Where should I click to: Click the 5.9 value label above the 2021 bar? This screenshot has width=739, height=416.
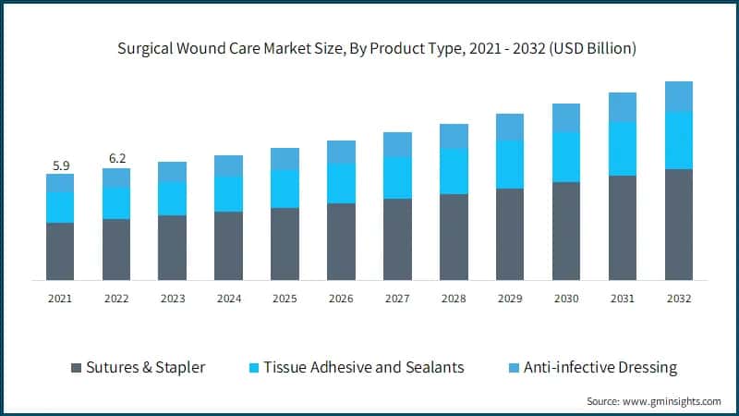tap(60, 166)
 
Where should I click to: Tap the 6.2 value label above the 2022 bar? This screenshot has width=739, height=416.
tap(116, 159)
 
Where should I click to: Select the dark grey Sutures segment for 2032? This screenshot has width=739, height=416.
tap(679, 224)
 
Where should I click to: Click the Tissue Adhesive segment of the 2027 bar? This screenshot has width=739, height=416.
tap(397, 177)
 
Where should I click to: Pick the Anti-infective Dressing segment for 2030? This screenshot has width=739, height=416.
tap(566, 117)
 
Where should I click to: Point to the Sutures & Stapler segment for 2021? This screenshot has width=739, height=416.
tap(60, 251)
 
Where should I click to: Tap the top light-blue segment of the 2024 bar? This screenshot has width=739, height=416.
tap(229, 165)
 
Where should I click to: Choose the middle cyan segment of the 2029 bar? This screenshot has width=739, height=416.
tap(510, 165)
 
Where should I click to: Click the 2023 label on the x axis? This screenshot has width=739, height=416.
tap(173, 299)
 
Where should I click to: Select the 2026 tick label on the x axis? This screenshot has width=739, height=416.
tap(341, 299)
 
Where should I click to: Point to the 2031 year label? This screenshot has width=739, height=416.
tap(623, 299)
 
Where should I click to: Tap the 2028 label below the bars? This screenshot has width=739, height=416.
tap(454, 299)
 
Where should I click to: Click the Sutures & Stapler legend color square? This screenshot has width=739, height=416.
tap(76, 368)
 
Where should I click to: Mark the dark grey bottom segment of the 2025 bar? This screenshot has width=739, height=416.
tap(285, 244)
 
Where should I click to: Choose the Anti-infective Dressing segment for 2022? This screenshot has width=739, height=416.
tap(116, 177)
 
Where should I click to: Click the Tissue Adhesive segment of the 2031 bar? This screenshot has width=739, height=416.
tap(623, 149)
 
